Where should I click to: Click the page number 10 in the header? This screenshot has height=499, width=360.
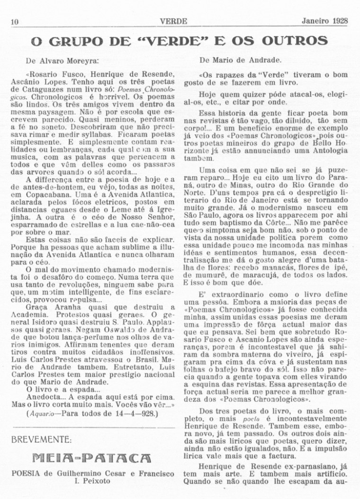(14, 21)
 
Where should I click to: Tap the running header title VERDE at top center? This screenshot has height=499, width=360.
(173, 21)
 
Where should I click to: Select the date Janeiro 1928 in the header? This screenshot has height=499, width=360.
(324, 20)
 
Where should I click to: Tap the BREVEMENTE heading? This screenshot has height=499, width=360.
(42, 440)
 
